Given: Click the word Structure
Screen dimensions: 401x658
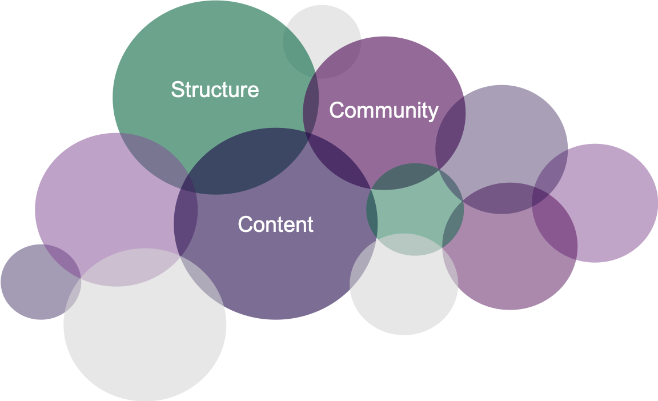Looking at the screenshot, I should click(215, 90).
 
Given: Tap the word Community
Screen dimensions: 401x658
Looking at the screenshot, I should click(384, 110).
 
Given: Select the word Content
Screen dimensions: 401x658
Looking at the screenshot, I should click(275, 224).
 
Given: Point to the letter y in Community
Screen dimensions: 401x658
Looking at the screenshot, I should click(433, 112).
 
